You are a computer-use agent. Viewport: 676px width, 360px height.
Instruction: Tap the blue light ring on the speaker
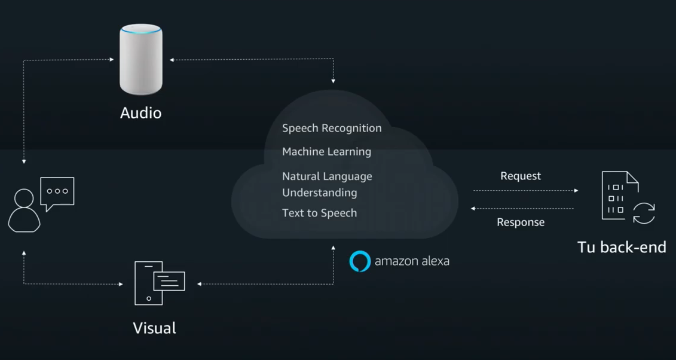(x=141, y=29)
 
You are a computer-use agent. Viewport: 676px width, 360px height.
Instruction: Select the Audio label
(x=141, y=112)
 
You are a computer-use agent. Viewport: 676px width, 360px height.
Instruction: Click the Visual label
(x=154, y=328)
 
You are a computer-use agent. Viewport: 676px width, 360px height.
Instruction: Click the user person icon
(x=24, y=210)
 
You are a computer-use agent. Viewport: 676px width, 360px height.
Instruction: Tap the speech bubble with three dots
(x=57, y=192)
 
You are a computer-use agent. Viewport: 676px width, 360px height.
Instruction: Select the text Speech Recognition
(x=332, y=128)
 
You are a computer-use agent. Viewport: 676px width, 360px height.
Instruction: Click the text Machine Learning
(x=326, y=152)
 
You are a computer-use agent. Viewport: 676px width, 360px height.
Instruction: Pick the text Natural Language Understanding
(x=327, y=184)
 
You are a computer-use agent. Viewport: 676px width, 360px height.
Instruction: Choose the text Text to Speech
(x=319, y=213)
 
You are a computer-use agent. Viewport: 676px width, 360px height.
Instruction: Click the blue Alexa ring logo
(x=360, y=261)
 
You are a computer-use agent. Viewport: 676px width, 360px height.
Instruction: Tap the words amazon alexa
(x=412, y=261)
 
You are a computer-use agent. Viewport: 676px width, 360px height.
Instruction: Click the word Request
(x=521, y=176)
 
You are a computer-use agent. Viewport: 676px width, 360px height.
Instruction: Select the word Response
(x=521, y=222)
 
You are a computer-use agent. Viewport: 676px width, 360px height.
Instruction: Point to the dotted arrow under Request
(x=525, y=191)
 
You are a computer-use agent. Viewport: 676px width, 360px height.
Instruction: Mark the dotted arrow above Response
(x=522, y=209)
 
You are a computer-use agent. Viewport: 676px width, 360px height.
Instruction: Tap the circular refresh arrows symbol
(x=644, y=213)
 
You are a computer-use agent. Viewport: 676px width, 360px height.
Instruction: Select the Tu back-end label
(x=622, y=247)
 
